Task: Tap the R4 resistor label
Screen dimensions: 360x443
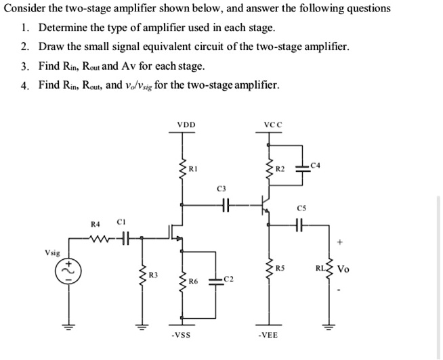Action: click(96, 223)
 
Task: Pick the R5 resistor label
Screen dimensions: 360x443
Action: click(280, 268)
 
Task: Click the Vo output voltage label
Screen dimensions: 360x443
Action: click(343, 269)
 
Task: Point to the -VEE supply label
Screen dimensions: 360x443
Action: click(269, 336)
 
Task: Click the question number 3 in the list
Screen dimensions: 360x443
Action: click(24, 66)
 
